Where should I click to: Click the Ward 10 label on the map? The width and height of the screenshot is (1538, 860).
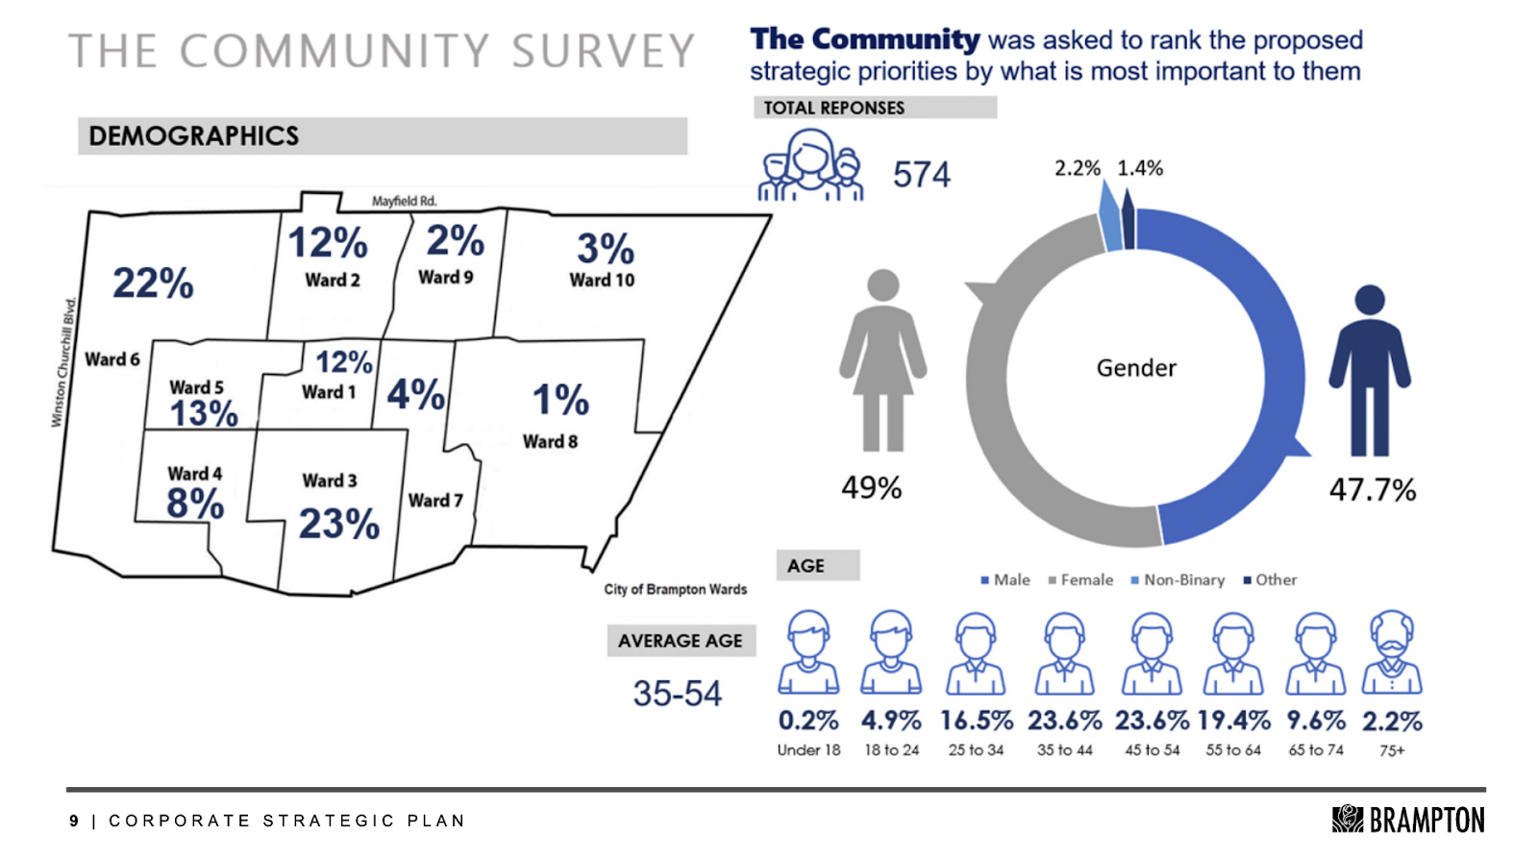(602, 280)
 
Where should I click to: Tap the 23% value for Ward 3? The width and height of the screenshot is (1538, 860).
(338, 524)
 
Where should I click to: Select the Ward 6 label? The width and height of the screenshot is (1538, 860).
(112, 359)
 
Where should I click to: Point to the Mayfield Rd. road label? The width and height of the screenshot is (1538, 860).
(404, 201)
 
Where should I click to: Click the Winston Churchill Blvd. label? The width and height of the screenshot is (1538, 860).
(64, 362)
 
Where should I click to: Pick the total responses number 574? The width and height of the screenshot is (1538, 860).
(921, 175)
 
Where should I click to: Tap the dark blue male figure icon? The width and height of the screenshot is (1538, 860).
(1369, 371)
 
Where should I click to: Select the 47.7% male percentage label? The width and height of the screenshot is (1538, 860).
(1372, 490)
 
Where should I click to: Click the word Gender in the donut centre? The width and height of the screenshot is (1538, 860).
(1136, 368)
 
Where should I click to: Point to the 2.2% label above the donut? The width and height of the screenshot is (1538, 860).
(1077, 168)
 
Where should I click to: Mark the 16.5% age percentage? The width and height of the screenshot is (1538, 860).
(976, 721)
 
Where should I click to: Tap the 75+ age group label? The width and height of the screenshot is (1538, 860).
(1392, 750)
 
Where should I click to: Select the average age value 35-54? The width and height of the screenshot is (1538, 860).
(677, 693)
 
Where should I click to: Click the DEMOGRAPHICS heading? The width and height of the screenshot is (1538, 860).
(193, 136)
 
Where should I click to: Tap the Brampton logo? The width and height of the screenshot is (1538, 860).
(1407, 820)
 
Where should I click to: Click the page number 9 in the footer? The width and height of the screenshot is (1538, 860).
(74, 821)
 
